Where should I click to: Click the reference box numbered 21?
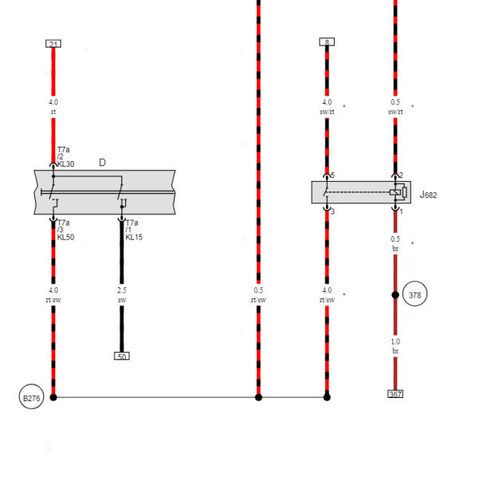[53, 44]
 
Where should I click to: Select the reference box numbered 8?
[327, 41]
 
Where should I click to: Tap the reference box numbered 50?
[122, 356]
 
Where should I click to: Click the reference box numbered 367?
[395, 394]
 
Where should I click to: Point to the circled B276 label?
[31, 397]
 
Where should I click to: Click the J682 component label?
[428, 195]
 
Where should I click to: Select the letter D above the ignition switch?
[102, 163]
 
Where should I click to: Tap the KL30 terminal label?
[65, 164]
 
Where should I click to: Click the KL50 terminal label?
[65, 237]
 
